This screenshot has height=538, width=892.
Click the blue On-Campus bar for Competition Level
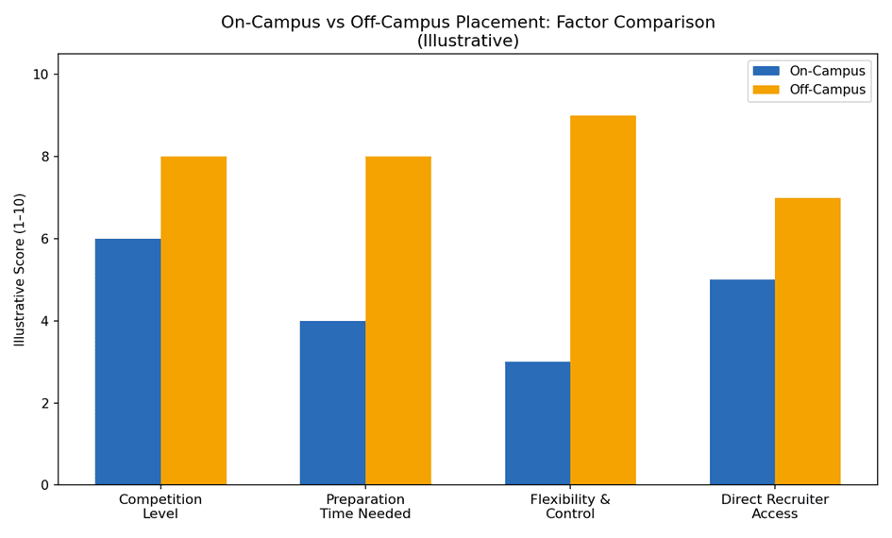coord(128,361)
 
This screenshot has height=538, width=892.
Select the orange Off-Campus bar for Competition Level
coord(194,321)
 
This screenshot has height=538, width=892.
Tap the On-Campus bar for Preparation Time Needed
coord(333,403)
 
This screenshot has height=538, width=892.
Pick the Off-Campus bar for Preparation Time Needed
coord(398,321)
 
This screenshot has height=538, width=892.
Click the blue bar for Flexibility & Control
coord(538,423)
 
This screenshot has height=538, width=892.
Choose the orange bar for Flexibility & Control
coord(603,300)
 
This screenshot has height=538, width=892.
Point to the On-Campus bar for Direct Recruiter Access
coord(742,382)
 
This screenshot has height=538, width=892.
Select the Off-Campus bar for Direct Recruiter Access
coord(808,342)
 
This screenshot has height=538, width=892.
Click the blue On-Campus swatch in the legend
coord(766,71)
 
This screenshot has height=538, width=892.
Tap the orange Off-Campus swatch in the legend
coord(766,90)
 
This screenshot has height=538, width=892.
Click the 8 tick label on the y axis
coord(46,157)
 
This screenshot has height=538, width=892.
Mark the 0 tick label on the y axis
coord(46,485)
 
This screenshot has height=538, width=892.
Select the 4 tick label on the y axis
coord(46,321)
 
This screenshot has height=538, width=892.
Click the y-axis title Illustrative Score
coord(20,270)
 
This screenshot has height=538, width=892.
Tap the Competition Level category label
coord(160,506)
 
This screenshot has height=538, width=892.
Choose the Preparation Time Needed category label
coord(365,506)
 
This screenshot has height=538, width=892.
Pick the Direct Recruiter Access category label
coord(775,506)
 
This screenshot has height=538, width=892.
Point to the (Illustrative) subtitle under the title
coord(467,41)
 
